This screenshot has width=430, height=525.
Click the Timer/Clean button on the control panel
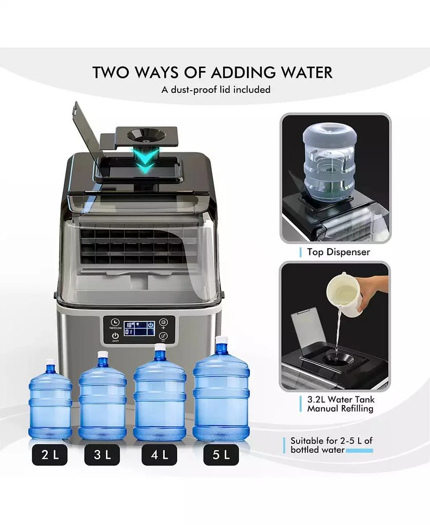tap(114, 323)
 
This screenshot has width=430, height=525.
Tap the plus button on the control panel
tap(163, 323)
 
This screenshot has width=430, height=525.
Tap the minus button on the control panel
tap(163, 337)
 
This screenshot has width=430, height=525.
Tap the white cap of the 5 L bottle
tap(221, 340)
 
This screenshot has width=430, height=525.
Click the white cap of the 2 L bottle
tap(50, 362)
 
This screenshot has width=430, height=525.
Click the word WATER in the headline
tap(302, 72)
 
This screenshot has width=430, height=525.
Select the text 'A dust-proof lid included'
tap(216, 90)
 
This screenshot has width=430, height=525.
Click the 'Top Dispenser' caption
tap(338, 252)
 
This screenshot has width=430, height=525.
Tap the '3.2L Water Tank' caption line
tap(341, 399)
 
